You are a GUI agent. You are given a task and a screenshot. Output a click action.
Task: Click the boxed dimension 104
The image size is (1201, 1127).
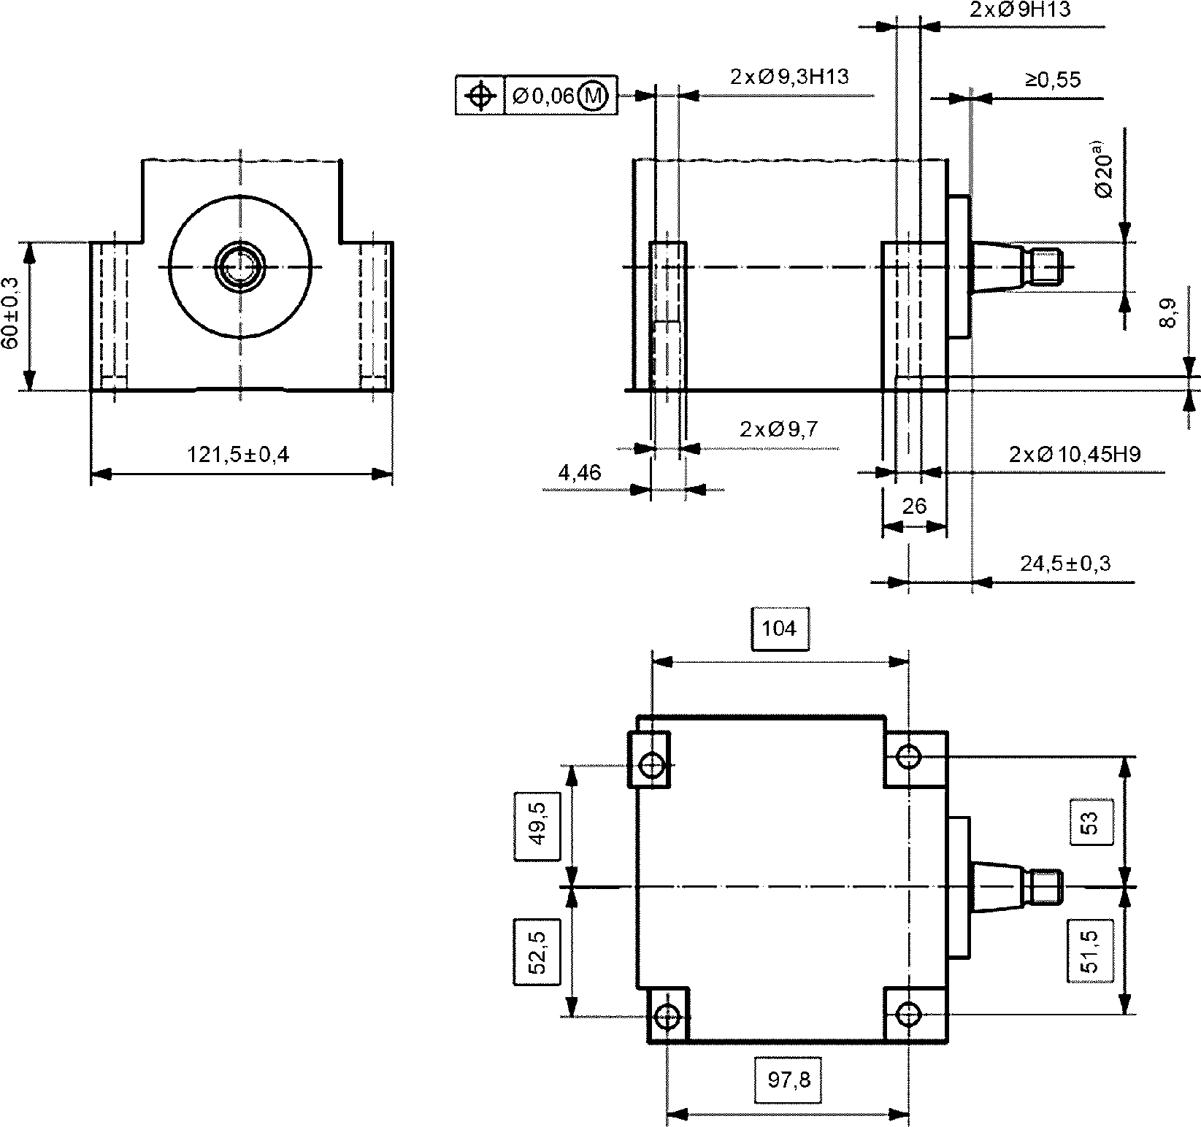point(780,628)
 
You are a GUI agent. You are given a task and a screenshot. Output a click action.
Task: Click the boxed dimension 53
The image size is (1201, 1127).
point(1090,823)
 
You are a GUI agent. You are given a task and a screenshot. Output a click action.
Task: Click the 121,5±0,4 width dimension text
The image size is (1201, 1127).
point(238,455)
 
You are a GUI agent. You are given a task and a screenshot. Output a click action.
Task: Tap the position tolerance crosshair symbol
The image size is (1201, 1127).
point(480,96)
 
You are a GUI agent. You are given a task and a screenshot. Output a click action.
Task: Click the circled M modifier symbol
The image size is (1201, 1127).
point(592,96)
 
